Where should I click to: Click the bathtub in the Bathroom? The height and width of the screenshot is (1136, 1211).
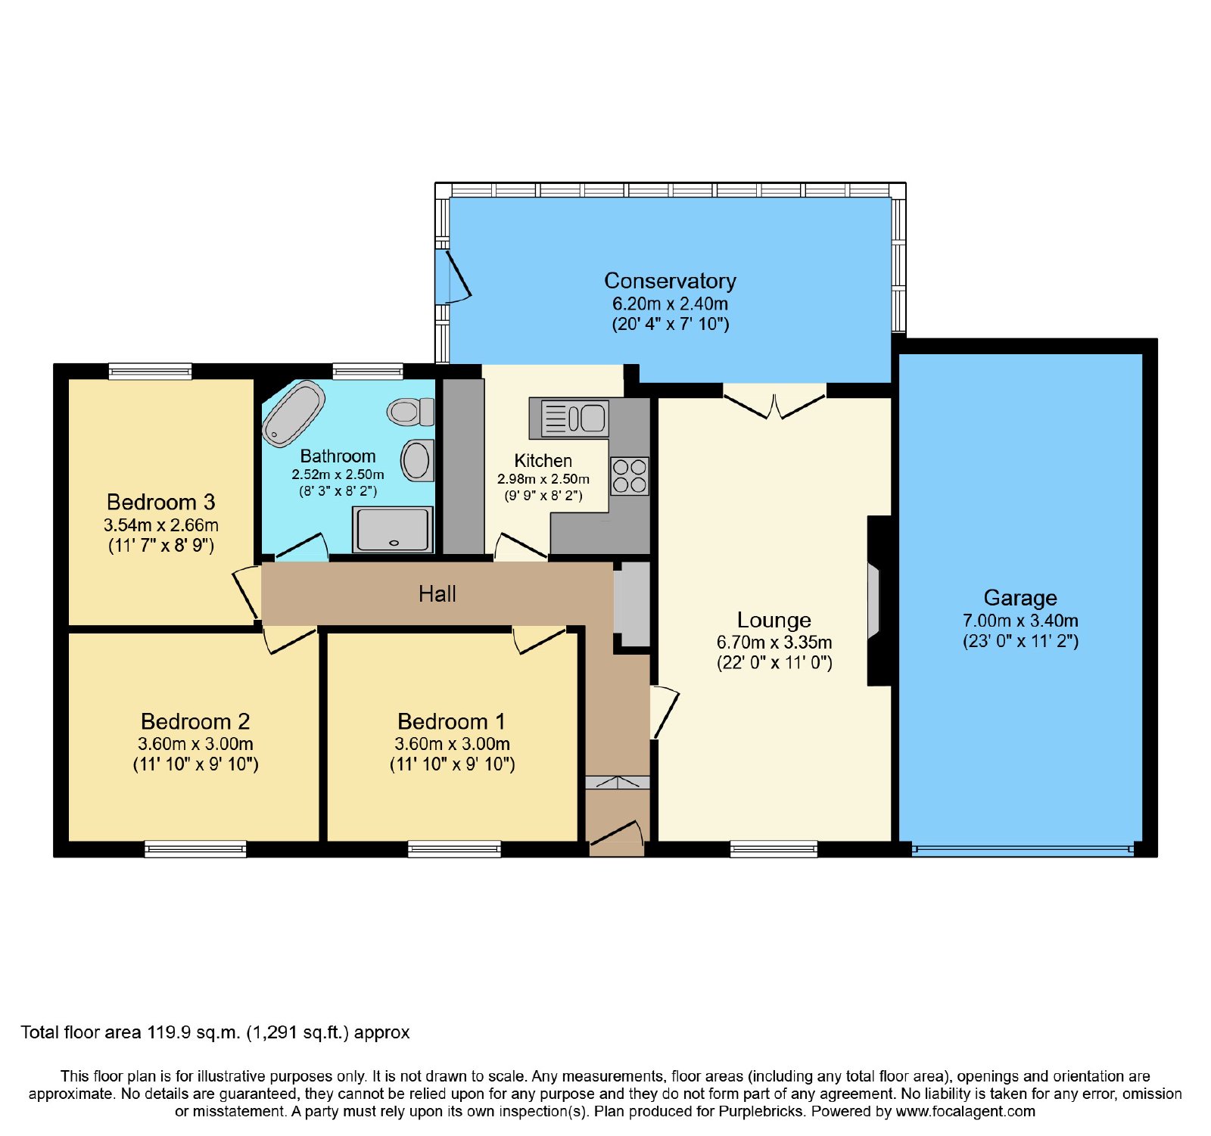click(x=294, y=413)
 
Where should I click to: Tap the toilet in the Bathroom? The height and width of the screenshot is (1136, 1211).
click(x=410, y=412)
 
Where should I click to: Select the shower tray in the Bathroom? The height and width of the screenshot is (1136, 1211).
click(x=393, y=529)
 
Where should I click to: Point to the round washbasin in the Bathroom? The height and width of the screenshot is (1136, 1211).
click(x=417, y=460)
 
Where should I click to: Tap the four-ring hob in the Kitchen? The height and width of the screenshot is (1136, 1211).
click(x=630, y=476)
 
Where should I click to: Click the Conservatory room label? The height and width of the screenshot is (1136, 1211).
click(x=670, y=281)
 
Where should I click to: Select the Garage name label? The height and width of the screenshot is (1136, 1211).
click(x=1020, y=598)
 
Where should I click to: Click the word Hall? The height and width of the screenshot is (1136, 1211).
click(x=437, y=594)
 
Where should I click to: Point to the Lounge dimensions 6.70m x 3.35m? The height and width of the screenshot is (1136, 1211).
click(x=774, y=643)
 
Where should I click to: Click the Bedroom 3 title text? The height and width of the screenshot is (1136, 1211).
click(x=160, y=502)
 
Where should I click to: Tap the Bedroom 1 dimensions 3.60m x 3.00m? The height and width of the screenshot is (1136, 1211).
click(x=452, y=744)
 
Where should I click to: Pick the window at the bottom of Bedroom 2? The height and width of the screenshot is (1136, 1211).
click(x=195, y=849)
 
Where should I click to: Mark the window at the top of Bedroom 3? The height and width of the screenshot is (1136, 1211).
click(x=150, y=372)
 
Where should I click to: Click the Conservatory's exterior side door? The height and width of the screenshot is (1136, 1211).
click(x=453, y=276)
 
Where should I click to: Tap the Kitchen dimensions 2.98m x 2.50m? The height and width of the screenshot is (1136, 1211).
click(x=543, y=479)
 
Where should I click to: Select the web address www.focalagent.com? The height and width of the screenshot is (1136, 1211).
click(x=965, y=1112)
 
